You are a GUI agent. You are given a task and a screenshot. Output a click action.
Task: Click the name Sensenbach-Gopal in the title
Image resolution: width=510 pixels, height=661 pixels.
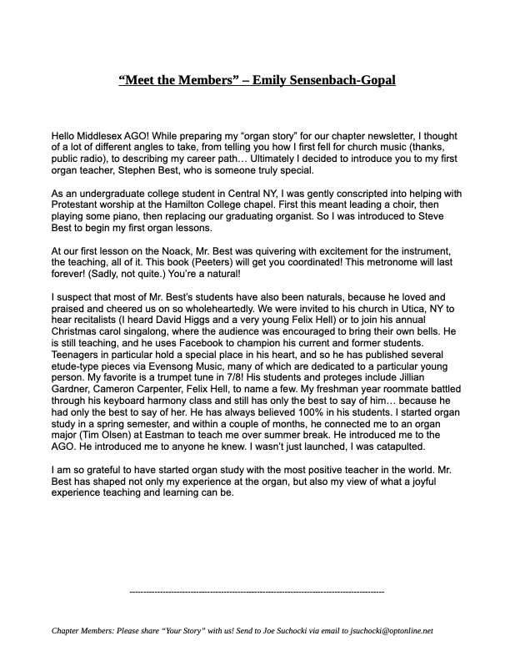tap(339, 81)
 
